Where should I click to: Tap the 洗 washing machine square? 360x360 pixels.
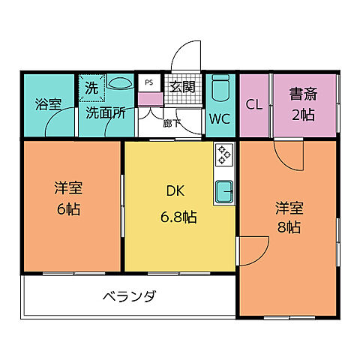[x=91, y=88]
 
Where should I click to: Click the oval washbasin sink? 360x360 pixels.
[x=119, y=84]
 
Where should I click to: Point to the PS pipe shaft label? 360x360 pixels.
[x=148, y=82]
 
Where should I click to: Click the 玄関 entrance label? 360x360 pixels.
[x=181, y=87]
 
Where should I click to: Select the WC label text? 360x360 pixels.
[x=220, y=118]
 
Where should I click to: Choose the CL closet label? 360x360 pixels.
[x=254, y=105]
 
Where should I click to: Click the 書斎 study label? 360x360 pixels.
[x=303, y=95]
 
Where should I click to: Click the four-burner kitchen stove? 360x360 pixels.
[x=224, y=155]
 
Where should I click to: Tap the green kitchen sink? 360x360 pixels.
[x=225, y=192]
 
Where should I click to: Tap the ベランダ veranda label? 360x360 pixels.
[x=129, y=296]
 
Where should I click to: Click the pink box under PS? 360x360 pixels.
[x=149, y=98]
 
